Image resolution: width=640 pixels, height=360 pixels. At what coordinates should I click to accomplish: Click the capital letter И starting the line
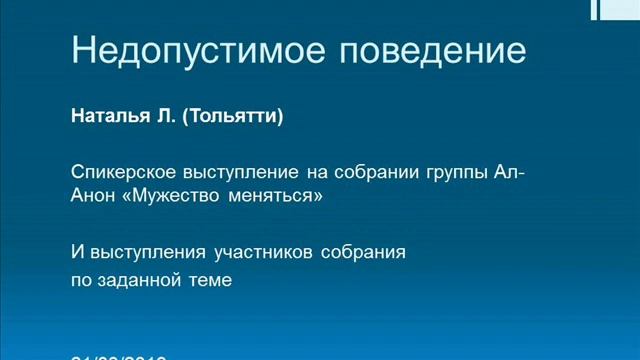pyautogui.click(x=76, y=252)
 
